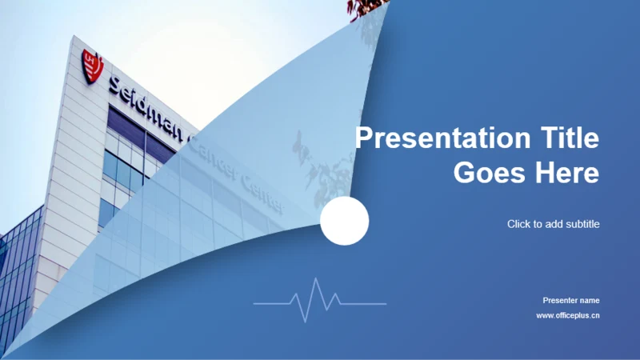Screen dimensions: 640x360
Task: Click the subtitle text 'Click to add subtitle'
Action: pos(554,224)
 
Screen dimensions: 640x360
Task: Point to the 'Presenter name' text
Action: pos(571,301)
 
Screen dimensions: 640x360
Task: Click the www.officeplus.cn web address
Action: pos(568,315)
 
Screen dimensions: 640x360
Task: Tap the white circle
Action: pos(345,221)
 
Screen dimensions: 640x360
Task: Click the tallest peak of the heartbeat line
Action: pos(315,278)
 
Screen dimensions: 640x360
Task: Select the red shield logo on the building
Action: pos(92,66)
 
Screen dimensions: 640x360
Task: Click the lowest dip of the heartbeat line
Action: pos(305,322)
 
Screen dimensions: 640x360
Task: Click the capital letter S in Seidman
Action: pos(115,85)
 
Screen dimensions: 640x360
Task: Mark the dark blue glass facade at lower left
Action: pos(18,270)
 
